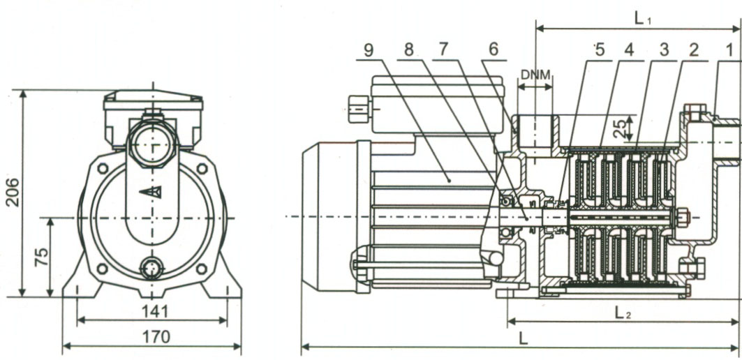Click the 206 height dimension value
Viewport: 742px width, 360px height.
click(x=13, y=192)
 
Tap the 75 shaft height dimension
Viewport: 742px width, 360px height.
click(x=41, y=257)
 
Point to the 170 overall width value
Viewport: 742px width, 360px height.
click(x=156, y=337)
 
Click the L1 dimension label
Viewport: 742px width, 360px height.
click(x=643, y=18)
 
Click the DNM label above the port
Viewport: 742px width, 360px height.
click(x=535, y=75)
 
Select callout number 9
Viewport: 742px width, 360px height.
click(x=369, y=50)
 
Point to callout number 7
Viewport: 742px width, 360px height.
click(x=443, y=50)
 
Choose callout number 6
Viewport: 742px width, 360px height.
click(x=494, y=50)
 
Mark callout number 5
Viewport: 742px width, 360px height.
click(x=600, y=50)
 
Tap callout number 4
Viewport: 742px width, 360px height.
click(x=628, y=50)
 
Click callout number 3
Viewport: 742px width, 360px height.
click(x=664, y=50)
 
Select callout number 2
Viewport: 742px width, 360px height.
click(x=694, y=50)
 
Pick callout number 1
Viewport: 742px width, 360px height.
click(x=729, y=50)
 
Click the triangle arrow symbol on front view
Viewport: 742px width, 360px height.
click(x=151, y=192)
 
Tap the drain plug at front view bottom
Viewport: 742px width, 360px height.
click(x=152, y=268)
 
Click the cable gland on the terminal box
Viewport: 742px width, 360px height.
click(x=359, y=110)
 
